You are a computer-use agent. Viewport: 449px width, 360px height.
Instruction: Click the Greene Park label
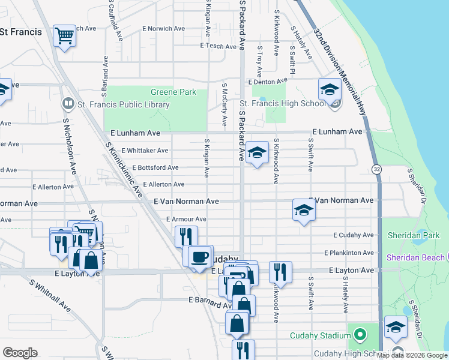tap(173, 92)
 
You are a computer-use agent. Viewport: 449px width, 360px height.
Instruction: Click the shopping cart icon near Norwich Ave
tap(64, 35)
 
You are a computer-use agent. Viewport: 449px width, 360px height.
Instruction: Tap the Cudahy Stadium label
tap(320, 335)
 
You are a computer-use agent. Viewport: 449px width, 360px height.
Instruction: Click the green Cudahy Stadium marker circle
tap(360, 334)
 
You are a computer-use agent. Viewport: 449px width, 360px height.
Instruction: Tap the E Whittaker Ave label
tap(145, 151)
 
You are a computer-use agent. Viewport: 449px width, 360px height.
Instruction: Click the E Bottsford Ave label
tap(155, 167)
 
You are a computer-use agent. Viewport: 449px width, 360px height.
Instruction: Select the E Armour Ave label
tap(186, 219)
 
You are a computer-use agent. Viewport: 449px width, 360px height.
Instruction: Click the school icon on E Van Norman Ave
tap(304, 210)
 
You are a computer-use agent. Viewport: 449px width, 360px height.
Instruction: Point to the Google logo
tap(20, 353)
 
